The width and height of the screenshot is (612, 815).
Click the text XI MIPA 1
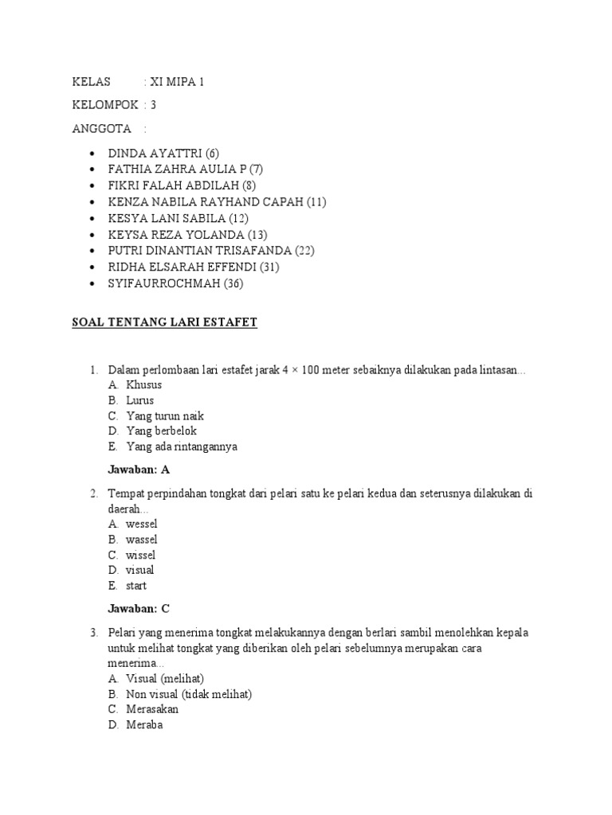(178, 82)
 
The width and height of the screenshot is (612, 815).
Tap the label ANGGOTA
(101, 129)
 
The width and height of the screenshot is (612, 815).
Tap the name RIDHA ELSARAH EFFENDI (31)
(194, 267)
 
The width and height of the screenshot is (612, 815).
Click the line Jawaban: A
(139, 470)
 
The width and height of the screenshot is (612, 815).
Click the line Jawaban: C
(139, 609)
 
